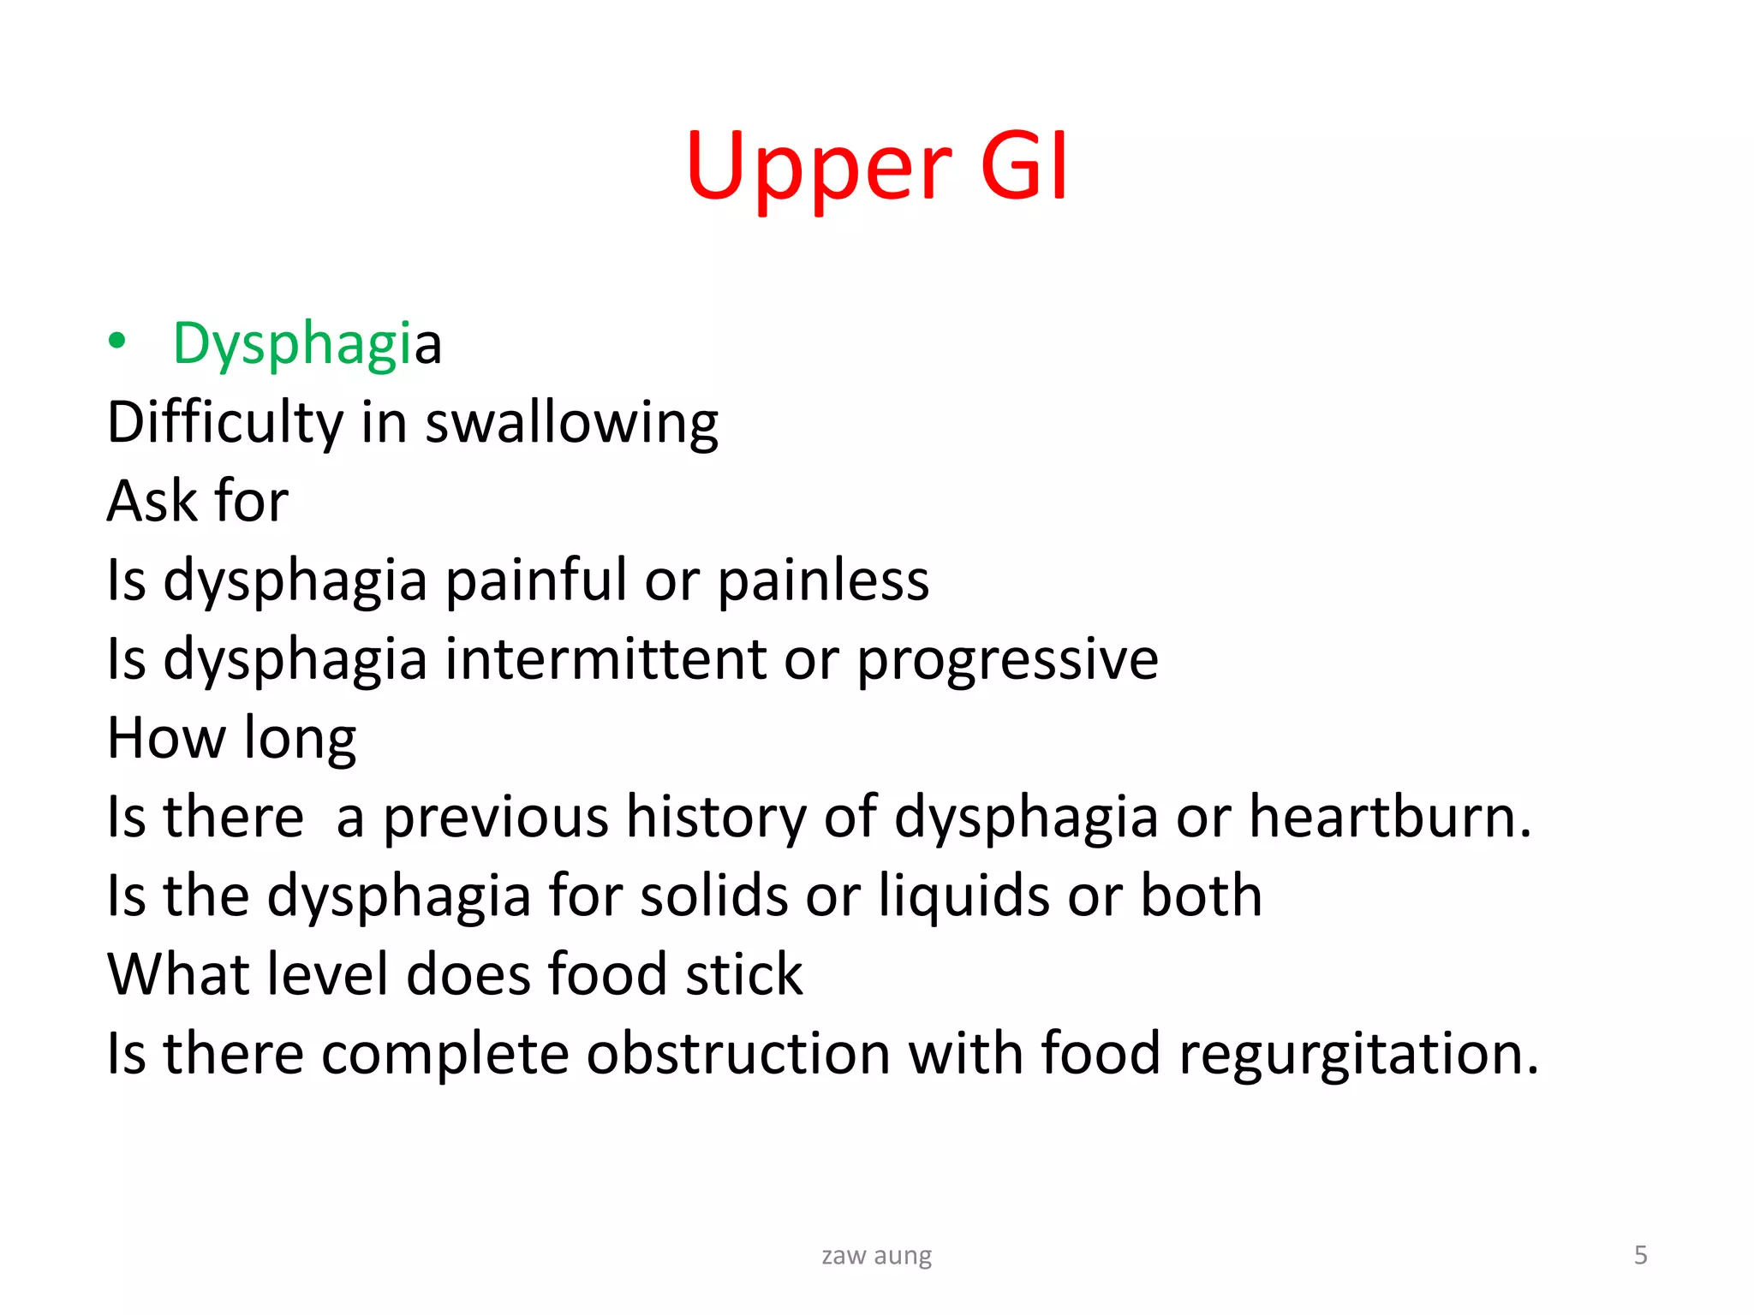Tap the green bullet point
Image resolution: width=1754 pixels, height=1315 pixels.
pyautogui.click(x=117, y=342)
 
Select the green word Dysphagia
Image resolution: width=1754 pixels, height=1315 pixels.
pyautogui.click(x=307, y=343)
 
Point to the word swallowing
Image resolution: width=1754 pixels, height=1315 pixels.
pyautogui.click(x=571, y=424)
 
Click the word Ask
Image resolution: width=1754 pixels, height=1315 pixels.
pyautogui.click(x=152, y=501)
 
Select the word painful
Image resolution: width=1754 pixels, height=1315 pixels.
pyautogui.click(x=536, y=580)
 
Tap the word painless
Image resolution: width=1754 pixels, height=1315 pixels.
pyautogui.click(x=822, y=580)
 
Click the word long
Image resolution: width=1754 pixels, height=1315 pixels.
pyautogui.click(x=300, y=739)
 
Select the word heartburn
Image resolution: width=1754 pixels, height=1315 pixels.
pyautogui.click(x=1389, y=817)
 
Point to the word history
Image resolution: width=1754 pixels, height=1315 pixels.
pyautogui.click(x=716, y=817)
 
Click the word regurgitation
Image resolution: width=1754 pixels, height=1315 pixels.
pyautogui.click(x=1358, y=1054)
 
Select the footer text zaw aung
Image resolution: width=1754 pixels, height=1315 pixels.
pyautogui.click(x=876, y=1255)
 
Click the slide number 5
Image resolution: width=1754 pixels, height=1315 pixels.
pyautogui.click(x=1640, y=1255)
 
